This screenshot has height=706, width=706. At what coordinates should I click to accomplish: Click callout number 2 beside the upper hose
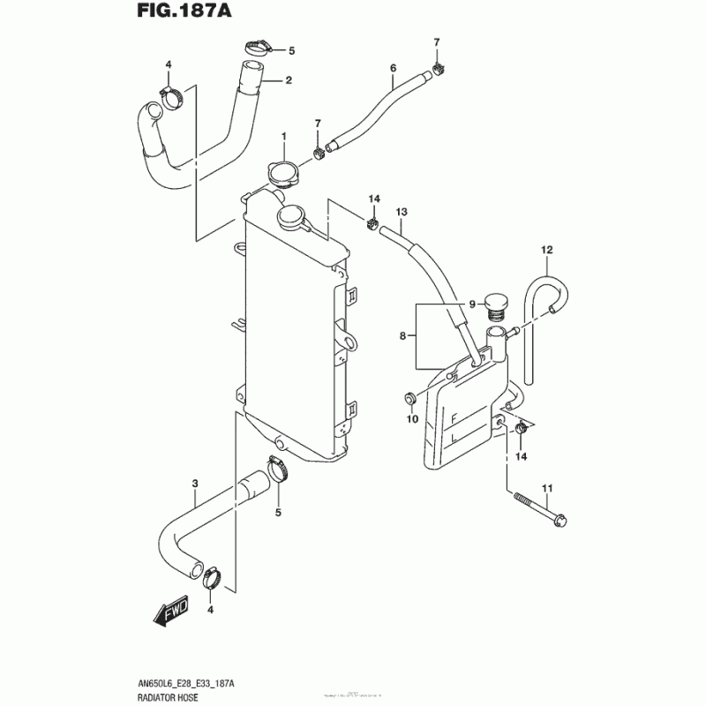pyautogui.click(x=288, y=81)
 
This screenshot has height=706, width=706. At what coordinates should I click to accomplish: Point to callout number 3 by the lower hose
pyautogui.click(x=195, y=482)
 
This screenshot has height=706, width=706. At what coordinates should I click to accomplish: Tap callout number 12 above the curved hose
pyautogui.click(x=546, y=251)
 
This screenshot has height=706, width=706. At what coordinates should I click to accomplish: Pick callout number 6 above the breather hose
pyautogui.click(x=393, y=68)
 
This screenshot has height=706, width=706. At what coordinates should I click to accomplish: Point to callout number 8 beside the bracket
pyautogui.click(x=402, y=336)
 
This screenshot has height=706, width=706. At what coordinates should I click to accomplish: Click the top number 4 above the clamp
pyautogui.click(x=169, y=64)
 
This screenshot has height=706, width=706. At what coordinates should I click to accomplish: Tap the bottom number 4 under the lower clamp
pyautogui.click(x=210, y=610)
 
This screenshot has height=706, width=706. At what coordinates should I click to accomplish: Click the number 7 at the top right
pyautogui.click(x=436, y=42)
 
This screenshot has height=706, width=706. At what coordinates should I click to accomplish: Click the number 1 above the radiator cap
pyautogui.click(x=284, y=136)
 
